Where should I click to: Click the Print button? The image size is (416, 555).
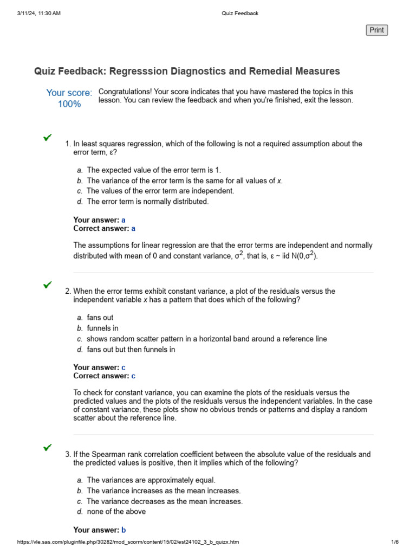(377, 30)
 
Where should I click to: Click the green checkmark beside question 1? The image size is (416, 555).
(48, 137)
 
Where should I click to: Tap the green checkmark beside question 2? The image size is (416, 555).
(48, 285)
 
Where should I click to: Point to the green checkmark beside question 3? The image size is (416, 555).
(48, 447)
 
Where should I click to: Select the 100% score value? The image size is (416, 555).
(69, 104)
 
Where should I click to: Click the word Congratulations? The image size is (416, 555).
(125, 92)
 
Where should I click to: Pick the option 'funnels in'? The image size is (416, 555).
(102, 328)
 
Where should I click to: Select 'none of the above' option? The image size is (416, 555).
(116, 512)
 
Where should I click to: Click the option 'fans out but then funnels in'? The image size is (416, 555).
(131, 350)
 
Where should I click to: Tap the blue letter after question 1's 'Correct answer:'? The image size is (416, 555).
(134, 229)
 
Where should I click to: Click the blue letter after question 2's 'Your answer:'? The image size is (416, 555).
(123, 367)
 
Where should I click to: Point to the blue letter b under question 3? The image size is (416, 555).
(123, 530)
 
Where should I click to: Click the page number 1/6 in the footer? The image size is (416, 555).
(394, 542)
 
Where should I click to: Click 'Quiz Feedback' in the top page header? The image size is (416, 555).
(240, 14)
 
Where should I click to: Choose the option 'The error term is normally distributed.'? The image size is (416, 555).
(147, 202)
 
